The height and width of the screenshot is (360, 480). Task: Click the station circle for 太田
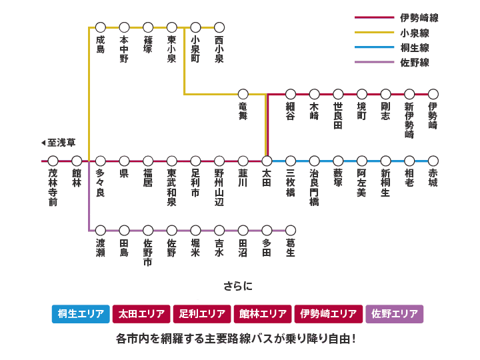[267, 161]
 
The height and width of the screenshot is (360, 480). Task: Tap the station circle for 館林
[77, 161]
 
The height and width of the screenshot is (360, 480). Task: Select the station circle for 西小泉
[219, 27]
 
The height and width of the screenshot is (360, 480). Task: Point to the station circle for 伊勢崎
[433, 94]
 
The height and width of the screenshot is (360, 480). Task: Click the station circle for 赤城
[433, 161]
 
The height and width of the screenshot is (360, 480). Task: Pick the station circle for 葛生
[291, 230]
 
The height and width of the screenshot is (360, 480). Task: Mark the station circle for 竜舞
[243, 94]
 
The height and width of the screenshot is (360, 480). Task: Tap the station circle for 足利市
[195, 161]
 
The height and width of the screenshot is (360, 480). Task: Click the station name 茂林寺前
[53, 187]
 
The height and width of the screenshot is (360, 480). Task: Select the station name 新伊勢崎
[409, 120]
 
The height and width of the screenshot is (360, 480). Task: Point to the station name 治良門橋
[314, 187]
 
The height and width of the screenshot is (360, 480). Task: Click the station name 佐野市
[148, 252]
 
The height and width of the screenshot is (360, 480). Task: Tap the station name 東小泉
[172, 49]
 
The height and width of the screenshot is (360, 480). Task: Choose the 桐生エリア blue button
[81, 314]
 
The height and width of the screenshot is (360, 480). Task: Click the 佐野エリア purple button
[394, 314]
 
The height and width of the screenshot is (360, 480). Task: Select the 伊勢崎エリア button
[329, 314]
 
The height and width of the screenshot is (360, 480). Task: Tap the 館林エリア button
[263, 314]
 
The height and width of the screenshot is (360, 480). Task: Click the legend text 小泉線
[415, 33]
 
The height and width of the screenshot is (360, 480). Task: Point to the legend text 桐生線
[415, 48]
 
